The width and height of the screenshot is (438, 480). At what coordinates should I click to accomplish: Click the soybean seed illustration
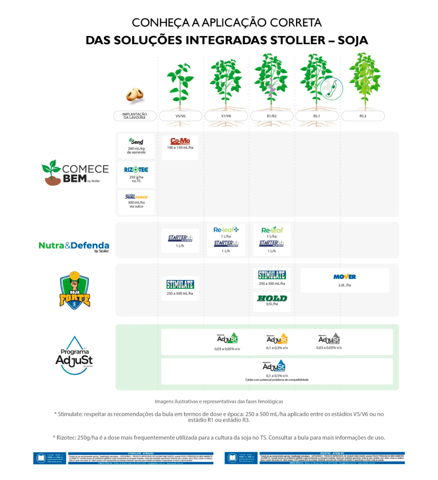(x=135, y=94)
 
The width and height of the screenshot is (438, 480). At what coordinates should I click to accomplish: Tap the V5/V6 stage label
(x=180, y=116)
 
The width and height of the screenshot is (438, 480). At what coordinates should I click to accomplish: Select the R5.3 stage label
(x=363, y=116)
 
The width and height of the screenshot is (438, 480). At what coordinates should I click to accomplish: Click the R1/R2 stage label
(x=272, y=116)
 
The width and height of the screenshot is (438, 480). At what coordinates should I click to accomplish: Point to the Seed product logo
(x=136, y=142)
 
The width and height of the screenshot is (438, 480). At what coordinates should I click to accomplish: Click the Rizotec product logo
(x=136, y=169)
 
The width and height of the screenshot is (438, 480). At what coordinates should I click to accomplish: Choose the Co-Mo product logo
(x=180, y=141)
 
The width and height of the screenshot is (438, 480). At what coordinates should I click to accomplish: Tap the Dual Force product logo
(x=136, y=197)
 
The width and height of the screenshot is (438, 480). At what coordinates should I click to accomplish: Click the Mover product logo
(x=345, y=277)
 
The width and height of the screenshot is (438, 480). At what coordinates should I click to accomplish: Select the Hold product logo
(x=272, y=298)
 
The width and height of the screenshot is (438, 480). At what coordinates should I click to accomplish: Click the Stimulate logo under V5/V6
(x=180, y=284)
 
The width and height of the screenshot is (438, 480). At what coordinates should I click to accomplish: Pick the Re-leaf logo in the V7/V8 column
(x=226, y=230)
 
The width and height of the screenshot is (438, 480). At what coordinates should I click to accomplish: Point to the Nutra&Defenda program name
(x=74, y=245)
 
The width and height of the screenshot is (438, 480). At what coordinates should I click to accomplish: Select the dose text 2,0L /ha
(x=345, y=285)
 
